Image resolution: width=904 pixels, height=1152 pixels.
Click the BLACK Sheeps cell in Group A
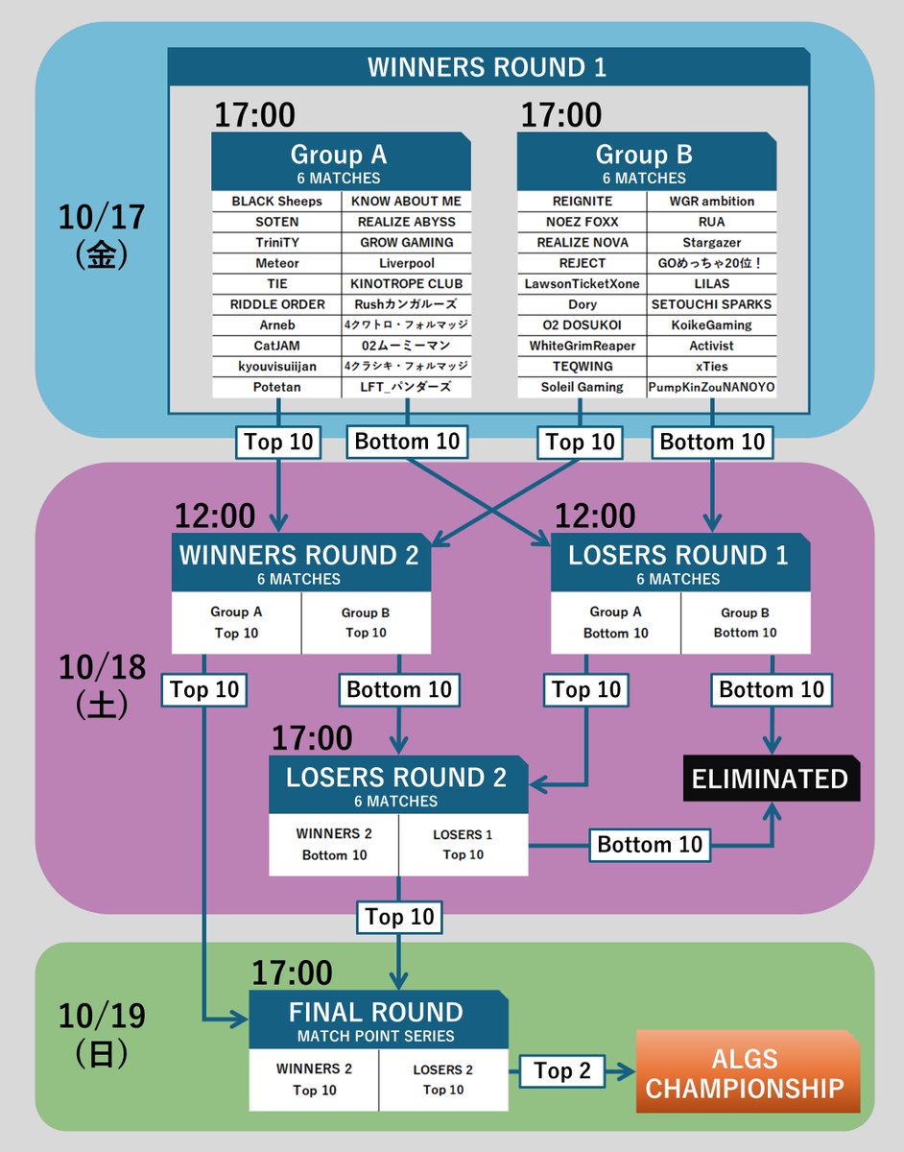pyautogui.click(x=277, y=202)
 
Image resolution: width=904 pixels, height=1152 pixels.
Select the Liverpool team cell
pyautogui.click(x=406, y=263)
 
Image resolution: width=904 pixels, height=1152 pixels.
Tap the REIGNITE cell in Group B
pyautogui.click(x=583, y=202)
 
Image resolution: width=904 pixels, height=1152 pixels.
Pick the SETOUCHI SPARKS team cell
pyautogui.click(x=711, y=304)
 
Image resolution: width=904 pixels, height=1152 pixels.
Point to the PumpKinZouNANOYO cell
pyautogui.click(x=711, y=387)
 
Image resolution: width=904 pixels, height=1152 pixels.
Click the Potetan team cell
pyautogui.click(x=277, y=387)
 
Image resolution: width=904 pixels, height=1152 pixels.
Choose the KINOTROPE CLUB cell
pyautogui.click(x=406, y=284)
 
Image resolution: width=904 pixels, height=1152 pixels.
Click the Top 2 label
pyautogui.click(x=562, y=1071)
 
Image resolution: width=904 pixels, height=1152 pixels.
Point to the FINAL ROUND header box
pyautogui.click(x=378, y=1020)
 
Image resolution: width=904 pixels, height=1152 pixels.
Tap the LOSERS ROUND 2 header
pyautogui.click(x=397, y=785)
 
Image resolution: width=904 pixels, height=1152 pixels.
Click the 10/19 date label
pyautogui.click(x=102, y=1016)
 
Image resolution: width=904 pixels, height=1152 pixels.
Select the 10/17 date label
pyautogui.click(x=102, y=216)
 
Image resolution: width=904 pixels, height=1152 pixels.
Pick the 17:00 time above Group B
pyautogui.click(x=561, y=116)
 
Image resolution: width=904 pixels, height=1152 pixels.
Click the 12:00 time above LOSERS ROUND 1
pyautogui.click(x=594, y=516)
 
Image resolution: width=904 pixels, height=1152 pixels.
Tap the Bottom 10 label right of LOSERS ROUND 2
pyautogui.click(x=650, y=845)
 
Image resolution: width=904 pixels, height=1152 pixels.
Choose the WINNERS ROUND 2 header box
pyautogui.click(x=300, y=564)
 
